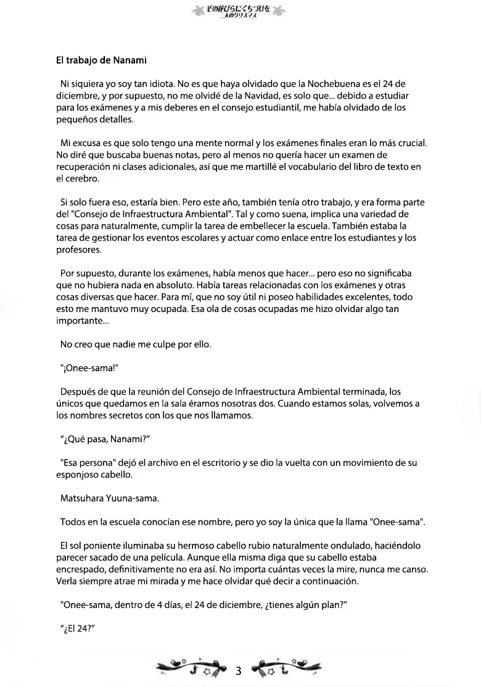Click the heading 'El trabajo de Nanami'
(101, 60)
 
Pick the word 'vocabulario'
(317, 167)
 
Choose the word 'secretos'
(139, 416)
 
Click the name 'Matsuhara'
(85, 498)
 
